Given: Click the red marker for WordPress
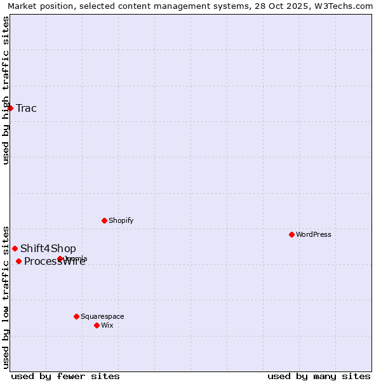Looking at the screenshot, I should coord(291,234).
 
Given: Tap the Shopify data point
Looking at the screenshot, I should coord(104,220).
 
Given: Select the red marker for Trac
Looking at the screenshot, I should coord(10,108).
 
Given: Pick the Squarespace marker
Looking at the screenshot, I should coord(76,316).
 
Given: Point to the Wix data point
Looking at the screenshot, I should coord(97,325).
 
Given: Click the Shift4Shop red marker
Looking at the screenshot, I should coord(15,248).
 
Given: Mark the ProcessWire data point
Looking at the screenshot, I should coord(18,261).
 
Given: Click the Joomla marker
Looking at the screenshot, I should coord(60,258).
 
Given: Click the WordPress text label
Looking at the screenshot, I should coord(314,234).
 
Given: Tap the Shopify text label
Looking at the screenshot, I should coord(121,220).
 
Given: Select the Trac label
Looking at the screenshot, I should coord(27,108).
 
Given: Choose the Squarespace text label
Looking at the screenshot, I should coord(102,316).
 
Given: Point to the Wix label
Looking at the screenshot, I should coord(107,325).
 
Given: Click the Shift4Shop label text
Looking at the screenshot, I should coord(48,248).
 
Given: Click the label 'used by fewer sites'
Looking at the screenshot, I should coord(65,376).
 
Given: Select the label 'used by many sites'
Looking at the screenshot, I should coord(319,376).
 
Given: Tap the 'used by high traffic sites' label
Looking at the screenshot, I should coord(6,90).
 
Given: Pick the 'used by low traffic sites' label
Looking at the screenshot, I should coord(6,297).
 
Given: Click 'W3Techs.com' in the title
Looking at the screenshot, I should coord(346,6).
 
